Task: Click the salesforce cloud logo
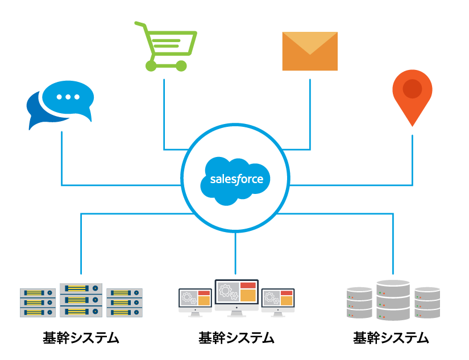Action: click(x=235, y=179)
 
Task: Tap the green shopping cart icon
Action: click(x=165, y=45)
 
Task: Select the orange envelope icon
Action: click(x=310, y=52)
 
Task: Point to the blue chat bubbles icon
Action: click(x=60, y=105)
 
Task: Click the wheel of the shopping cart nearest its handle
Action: click(x=151, y=65)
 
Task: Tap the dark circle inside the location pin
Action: click(x=412, y=89)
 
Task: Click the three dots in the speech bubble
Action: click(x=68, y=97)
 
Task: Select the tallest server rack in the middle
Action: click(x=81, y=300)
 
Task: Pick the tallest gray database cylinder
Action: click(x=393, y=300)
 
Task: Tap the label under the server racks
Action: click(x=81, y=338)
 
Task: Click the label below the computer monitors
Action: click(x=236, y=338)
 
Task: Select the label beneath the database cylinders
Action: click(x=391, y=338)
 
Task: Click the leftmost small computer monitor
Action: click(x=195, y=300)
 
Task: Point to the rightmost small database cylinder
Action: click(x=427, y=303)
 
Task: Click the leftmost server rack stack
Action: click(x=38, y=303)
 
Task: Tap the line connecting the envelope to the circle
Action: click(x=310, y=114)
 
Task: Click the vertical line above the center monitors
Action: click(x=235, y=256)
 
